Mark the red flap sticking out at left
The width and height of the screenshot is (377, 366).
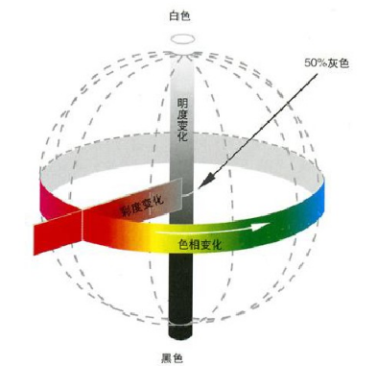tap(59, 232)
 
